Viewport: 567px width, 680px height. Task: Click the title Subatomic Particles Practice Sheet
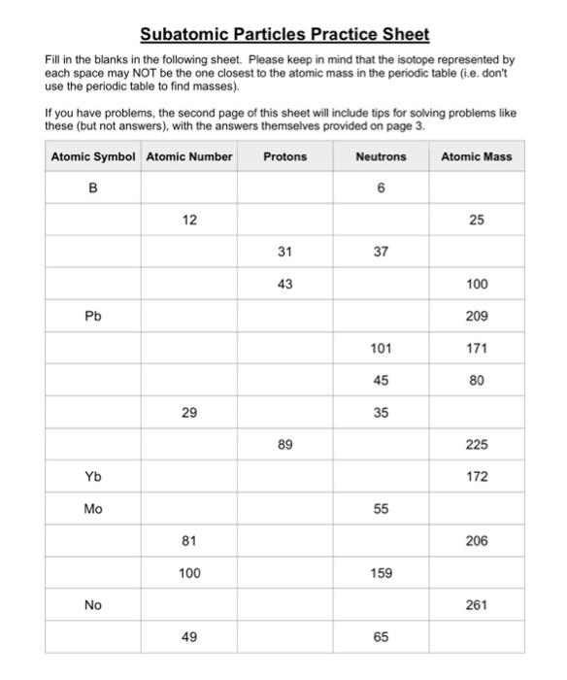pos(284,35)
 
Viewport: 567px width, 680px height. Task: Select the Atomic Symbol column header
pos(93,156)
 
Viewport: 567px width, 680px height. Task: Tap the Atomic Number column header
pos(189,156)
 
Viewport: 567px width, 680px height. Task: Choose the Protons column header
pos(284,156)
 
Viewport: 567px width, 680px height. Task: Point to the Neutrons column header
pos(381,156)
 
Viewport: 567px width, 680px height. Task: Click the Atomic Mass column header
pos(476,156)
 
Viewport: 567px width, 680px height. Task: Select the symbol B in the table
pos(93,188)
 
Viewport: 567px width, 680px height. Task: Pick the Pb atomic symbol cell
pos(93,317)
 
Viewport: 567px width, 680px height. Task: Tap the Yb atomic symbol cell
pos(93,477)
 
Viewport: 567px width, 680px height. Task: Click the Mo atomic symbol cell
pos(93,509)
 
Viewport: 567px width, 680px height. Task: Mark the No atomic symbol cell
pos(93,605)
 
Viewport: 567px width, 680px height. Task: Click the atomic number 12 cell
pos(189,221)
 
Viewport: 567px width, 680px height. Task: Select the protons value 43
pos(284,285)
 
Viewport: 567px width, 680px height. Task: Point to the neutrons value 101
pos(381,349)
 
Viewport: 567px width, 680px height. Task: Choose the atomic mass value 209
pos(476,317)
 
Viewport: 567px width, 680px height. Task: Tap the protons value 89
pos(284,445)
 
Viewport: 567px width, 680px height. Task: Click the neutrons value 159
pos(381,573)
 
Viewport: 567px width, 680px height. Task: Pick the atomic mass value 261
pos(476,605)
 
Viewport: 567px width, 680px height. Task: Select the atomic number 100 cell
pos(189,573)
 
